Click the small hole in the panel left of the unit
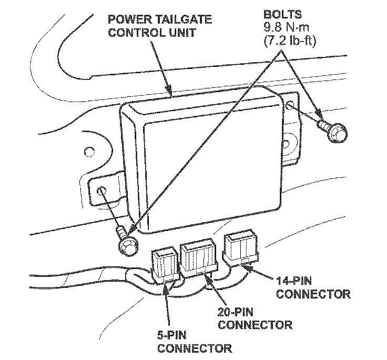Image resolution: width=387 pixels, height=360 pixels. [x=90, y=154]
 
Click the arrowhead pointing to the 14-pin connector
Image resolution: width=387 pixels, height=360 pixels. [x=247, y=266]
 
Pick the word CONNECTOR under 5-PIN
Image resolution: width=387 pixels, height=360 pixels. [x=195, y=348]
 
